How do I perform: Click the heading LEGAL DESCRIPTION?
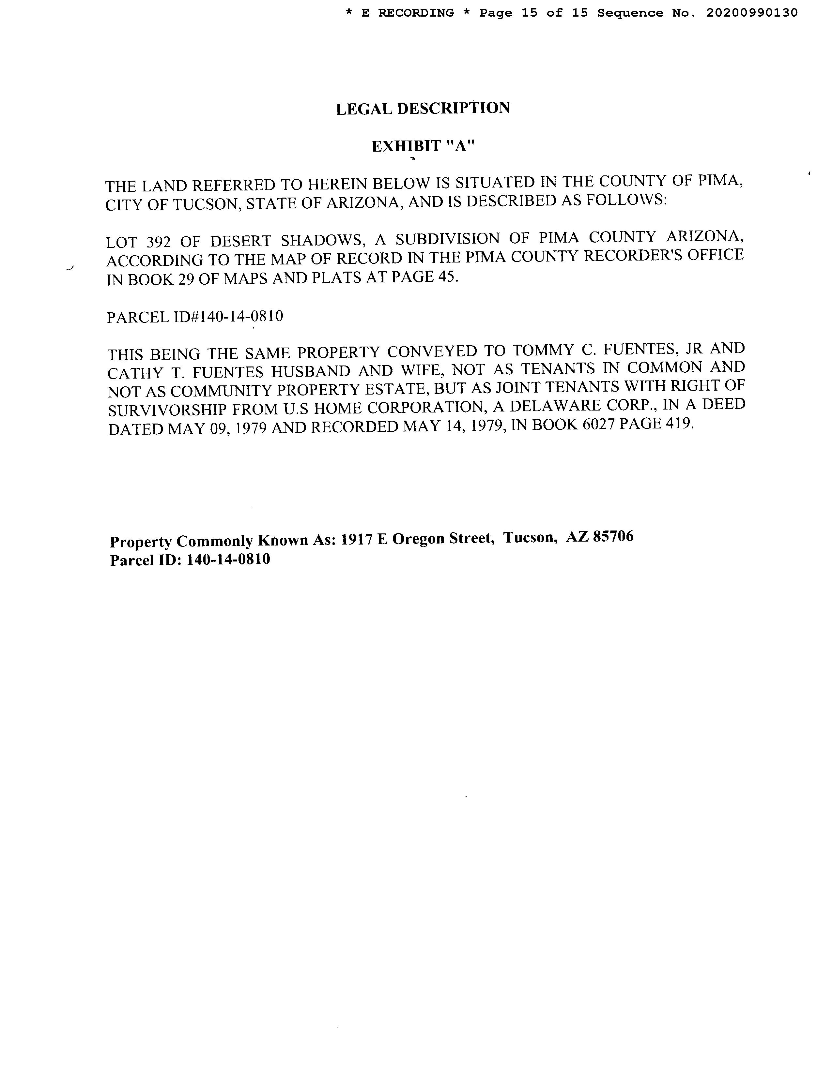(x=423, y=108)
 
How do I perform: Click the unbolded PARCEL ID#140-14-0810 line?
(x=195, y=316)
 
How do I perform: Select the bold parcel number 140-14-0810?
(x=228, y=559)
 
